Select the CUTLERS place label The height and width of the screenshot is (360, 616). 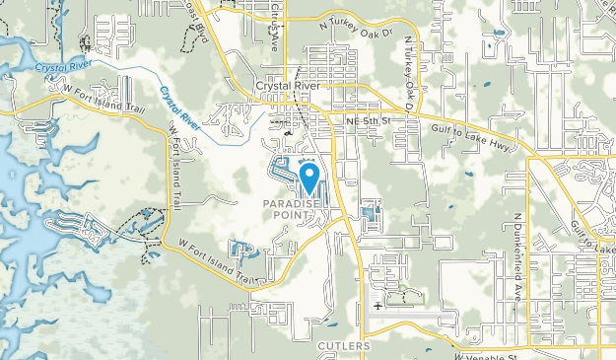click(344, 346)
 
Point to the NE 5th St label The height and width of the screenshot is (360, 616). click(369, 120)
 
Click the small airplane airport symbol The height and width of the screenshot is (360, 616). click(378, 305)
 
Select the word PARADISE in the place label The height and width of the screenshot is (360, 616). click(293, 204)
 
